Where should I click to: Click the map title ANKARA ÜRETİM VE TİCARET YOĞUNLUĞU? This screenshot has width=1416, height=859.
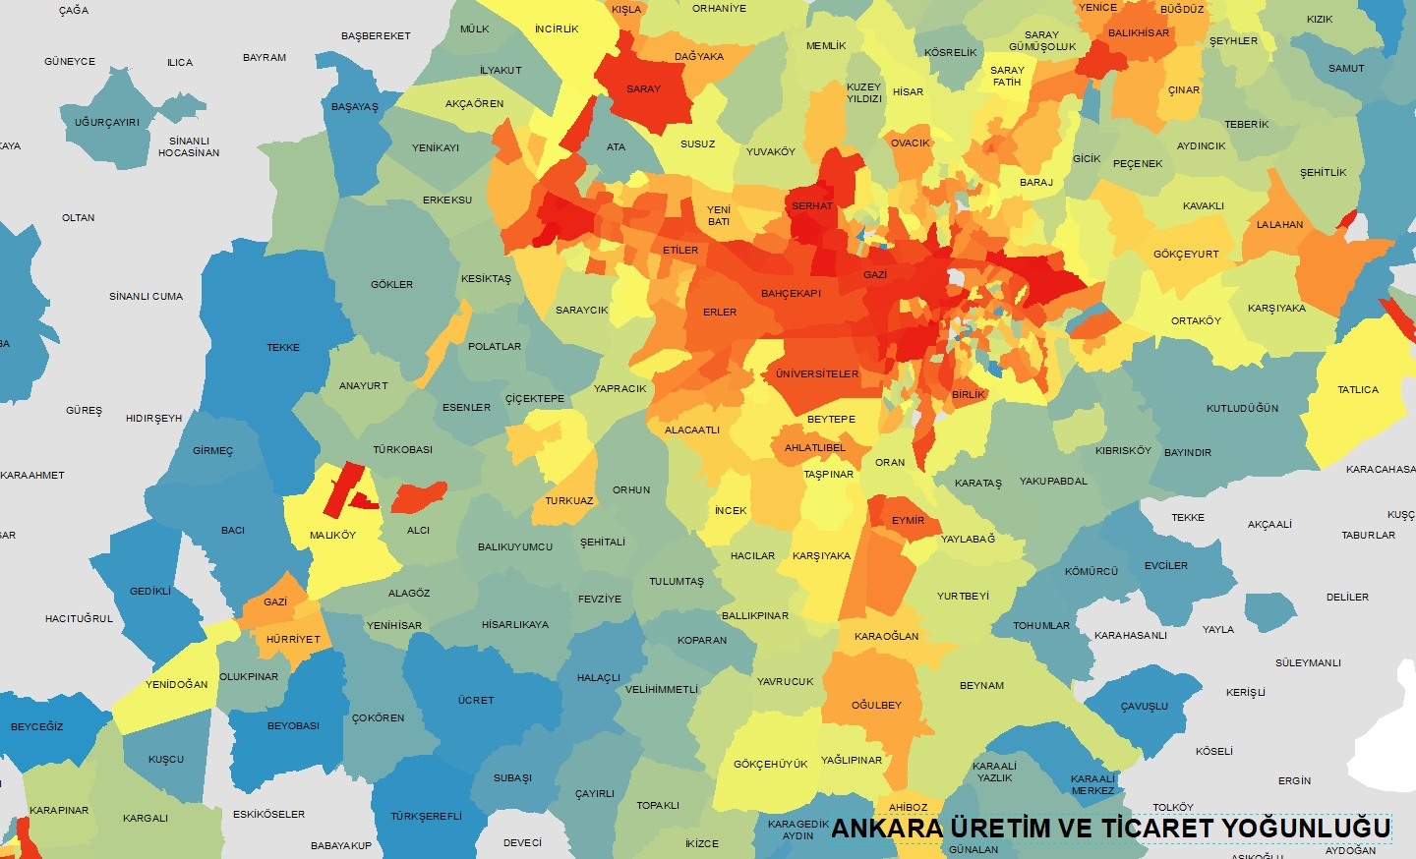coord(1109,828)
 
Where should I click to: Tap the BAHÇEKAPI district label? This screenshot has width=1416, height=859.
coord(791,293)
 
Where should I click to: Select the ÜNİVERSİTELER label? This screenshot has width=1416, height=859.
coord(816,373)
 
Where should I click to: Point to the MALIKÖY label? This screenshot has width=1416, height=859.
coord(332,535)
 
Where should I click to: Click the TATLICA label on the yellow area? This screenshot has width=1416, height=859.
coord(1357,389)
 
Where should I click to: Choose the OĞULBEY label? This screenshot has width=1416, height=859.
coord(876,705)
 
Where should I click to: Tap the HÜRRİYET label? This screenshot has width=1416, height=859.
coord(293,639)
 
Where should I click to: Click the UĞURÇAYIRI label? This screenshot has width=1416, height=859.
coord(107,122)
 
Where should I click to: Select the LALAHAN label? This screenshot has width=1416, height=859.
coord(1279,224)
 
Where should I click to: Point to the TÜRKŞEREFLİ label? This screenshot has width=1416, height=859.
coord(426,816)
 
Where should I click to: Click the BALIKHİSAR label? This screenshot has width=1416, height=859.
coord(1139,32)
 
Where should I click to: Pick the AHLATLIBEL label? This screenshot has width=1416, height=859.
coord(814,447)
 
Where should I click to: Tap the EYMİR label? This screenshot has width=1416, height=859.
coord(908,520)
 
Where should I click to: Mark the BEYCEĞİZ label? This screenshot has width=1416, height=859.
coord(36,726)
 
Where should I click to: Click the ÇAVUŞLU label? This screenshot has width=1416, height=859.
coord(1145,706)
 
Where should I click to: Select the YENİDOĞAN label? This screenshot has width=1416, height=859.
coord(177,684)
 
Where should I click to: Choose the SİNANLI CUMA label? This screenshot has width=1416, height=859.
coord(146,296)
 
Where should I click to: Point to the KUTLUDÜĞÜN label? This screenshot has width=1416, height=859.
coord(1242,408)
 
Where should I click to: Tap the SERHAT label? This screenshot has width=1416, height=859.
coord(812,205)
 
